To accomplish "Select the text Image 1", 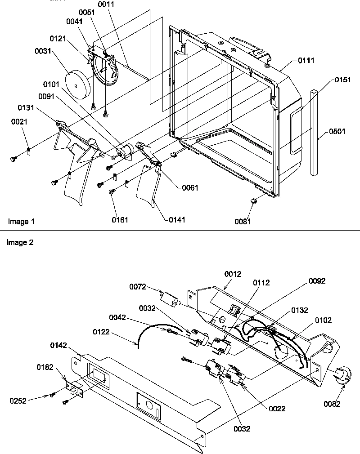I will tap(21, 221).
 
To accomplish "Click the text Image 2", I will tap(21, 242).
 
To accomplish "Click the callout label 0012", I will tap(233, 274).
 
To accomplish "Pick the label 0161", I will tap(120, 220).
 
